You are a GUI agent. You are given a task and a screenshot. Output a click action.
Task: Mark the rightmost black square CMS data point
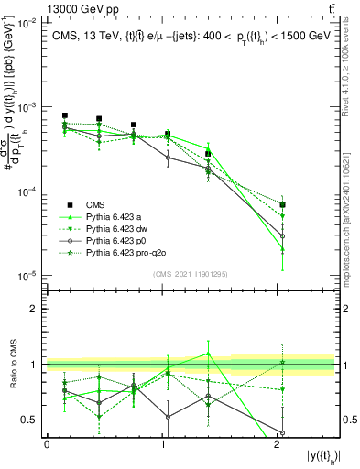click(283, 205)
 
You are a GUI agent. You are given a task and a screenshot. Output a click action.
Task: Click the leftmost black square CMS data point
click(65, 116)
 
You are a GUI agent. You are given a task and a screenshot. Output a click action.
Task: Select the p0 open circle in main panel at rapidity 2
click(283, 236)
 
